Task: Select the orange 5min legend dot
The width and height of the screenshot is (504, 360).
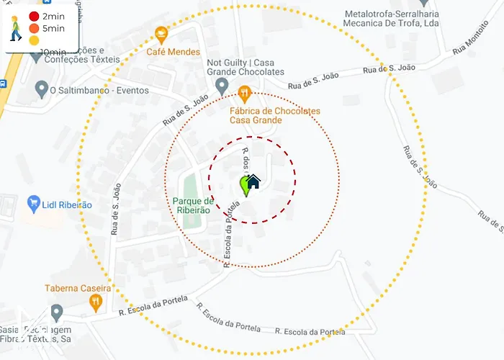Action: point(34,28)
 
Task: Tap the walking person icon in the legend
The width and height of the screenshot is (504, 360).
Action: point(14,29)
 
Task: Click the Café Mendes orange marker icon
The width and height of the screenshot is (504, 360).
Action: point(161,33)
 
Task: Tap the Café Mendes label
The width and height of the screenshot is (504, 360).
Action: point(174,52)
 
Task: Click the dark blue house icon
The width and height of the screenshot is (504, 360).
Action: point(253,183)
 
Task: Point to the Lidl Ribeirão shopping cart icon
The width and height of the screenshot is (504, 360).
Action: point(32,204)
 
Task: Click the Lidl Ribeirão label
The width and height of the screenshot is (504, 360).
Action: point(68,204)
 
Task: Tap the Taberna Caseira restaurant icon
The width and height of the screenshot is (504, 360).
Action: point(95,304)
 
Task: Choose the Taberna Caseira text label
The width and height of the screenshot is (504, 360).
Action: point(78,288)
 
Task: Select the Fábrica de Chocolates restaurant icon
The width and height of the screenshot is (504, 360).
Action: point(244,92)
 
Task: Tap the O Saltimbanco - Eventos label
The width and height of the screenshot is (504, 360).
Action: point(99,91)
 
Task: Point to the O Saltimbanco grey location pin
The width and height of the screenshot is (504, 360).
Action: point(42,90)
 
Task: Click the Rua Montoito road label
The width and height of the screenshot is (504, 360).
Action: point(471,41)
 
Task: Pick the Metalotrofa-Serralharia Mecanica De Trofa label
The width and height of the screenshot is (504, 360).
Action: point(392,18)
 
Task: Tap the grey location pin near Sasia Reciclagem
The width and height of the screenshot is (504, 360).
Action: point(57,312)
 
